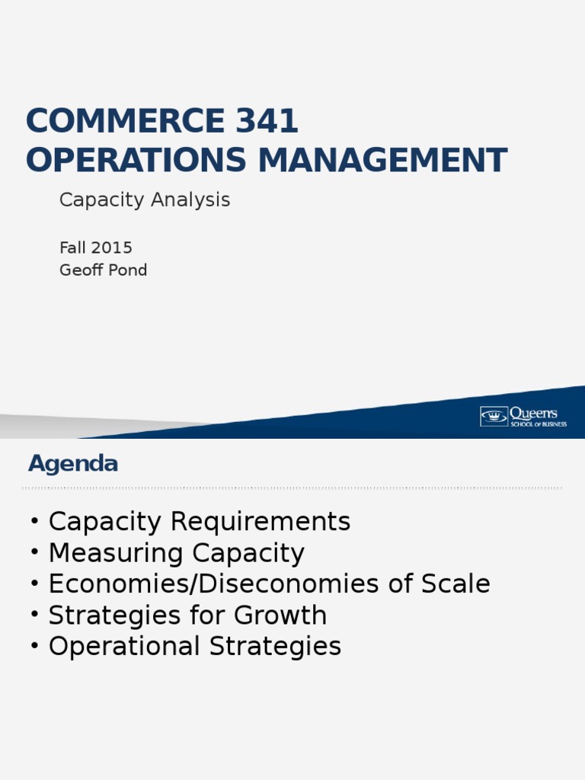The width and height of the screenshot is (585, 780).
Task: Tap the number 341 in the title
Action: pyautogui.click(x=267, y=120)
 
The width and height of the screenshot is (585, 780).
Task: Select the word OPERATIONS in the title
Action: pyautogui.click(x=136, y=160)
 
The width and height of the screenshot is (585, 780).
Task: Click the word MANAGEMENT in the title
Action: pyautogui.click(x=382, y=160)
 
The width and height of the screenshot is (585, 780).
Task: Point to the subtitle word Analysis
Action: pyautogui.click(x=190, y=200)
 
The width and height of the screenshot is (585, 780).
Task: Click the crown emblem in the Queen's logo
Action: pyautogui.click(x=494, y=417)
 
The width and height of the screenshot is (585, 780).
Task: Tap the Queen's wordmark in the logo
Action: pyautogui.click(x=534, y=414)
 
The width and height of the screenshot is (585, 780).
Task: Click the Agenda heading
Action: pyautogui.click(x=73, y=464)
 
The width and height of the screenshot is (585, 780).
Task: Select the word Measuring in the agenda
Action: pyautogui.click(x=116, y=553)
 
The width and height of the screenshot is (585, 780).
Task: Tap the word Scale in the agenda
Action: pyautogui.click(x=456, y=583)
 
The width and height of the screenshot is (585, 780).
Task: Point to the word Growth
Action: pyautogui.click(x=280, y=615)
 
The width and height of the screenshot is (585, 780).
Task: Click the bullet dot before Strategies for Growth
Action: pyautogui.click(x=34, y=615)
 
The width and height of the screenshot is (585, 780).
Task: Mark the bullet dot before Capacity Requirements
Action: pyautogui.click(x=34, y=521)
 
